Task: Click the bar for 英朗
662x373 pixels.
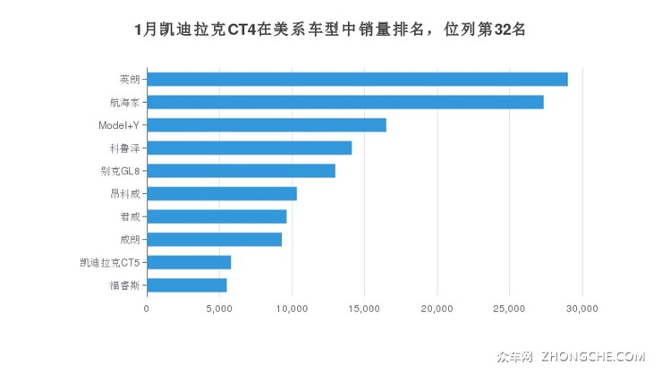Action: (357, 79)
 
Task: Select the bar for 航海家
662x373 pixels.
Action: (345, 102)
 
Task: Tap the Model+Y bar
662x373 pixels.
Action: (267, 125)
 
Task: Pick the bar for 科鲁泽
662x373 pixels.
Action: (250, 148)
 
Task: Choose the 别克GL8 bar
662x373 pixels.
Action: (241, 171)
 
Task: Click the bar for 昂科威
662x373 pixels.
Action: (222, 193)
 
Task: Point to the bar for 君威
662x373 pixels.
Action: (216, 216)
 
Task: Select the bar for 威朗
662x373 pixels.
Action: (214, 239)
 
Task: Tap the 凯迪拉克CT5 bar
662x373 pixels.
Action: (189, 262)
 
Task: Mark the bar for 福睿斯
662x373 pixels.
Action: (187, 284)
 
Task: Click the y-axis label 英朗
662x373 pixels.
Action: (129, 79)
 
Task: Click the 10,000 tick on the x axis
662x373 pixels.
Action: (292, 309)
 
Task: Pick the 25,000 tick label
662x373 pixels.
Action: (509, 309)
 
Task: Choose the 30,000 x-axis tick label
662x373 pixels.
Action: (581, 309)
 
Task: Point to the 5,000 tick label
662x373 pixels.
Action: (219, 309)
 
